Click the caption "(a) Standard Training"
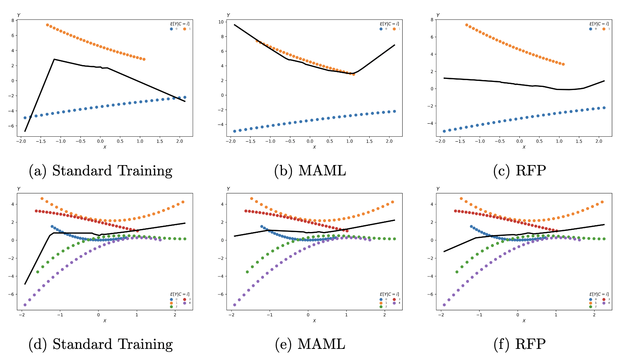click(101, 171)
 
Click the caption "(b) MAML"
click(310, 171)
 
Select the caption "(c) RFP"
click(519, 171)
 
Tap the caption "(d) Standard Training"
click(101, 344)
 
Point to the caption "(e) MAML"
click(310, 344)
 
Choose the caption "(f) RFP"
click(519, 344)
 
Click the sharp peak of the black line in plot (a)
click(54, 59)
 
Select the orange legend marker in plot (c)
click(603, 29)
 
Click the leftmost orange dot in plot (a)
click(48, 25)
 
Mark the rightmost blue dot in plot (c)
click(604, 108)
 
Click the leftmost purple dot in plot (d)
click(25, 305)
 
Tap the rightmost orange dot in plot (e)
click(392, 202)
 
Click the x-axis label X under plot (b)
click(314, 147)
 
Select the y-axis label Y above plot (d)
click(19, 189)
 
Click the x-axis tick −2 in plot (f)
click(441, 315)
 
